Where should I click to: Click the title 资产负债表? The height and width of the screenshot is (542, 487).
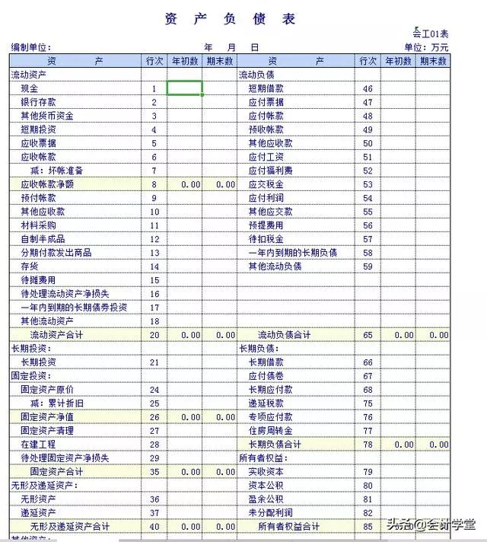click(230, 20)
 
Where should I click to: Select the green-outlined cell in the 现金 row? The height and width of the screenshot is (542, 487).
click(184, 88)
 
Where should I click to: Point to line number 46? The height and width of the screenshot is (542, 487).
click(368, 89)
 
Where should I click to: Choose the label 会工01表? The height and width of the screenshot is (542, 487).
click(431, 33)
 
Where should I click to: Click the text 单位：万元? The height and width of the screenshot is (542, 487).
click(426, 47)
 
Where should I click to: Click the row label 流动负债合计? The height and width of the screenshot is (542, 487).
click(284, 335)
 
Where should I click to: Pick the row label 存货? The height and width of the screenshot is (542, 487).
click(29, 266)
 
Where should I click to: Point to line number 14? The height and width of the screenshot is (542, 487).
click(154, 266)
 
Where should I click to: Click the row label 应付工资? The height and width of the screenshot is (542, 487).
click(266, 157)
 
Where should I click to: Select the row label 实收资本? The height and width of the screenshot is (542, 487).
click(266, 472)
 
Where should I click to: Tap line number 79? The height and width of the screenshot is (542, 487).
click(368, 472)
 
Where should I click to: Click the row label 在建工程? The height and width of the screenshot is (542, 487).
click(38, 445)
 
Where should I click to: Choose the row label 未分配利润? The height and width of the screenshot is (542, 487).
click(270, 513)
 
